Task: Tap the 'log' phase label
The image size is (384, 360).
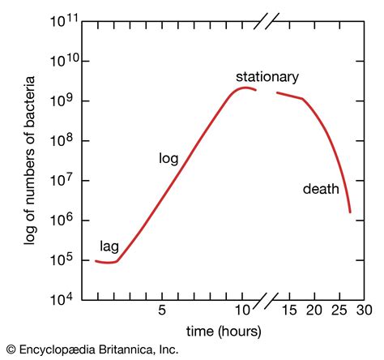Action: [168, 159]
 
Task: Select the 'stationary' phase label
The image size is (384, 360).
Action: [267, 77]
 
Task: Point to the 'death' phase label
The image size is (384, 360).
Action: [321, 190]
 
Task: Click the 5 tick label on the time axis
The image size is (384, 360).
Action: [162, 311]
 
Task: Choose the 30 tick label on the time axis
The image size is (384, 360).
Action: [363, 311]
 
